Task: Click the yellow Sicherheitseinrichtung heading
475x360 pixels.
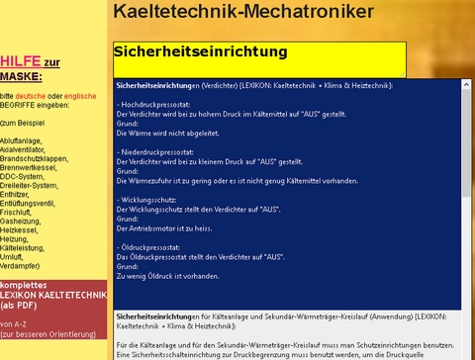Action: point(201,50)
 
